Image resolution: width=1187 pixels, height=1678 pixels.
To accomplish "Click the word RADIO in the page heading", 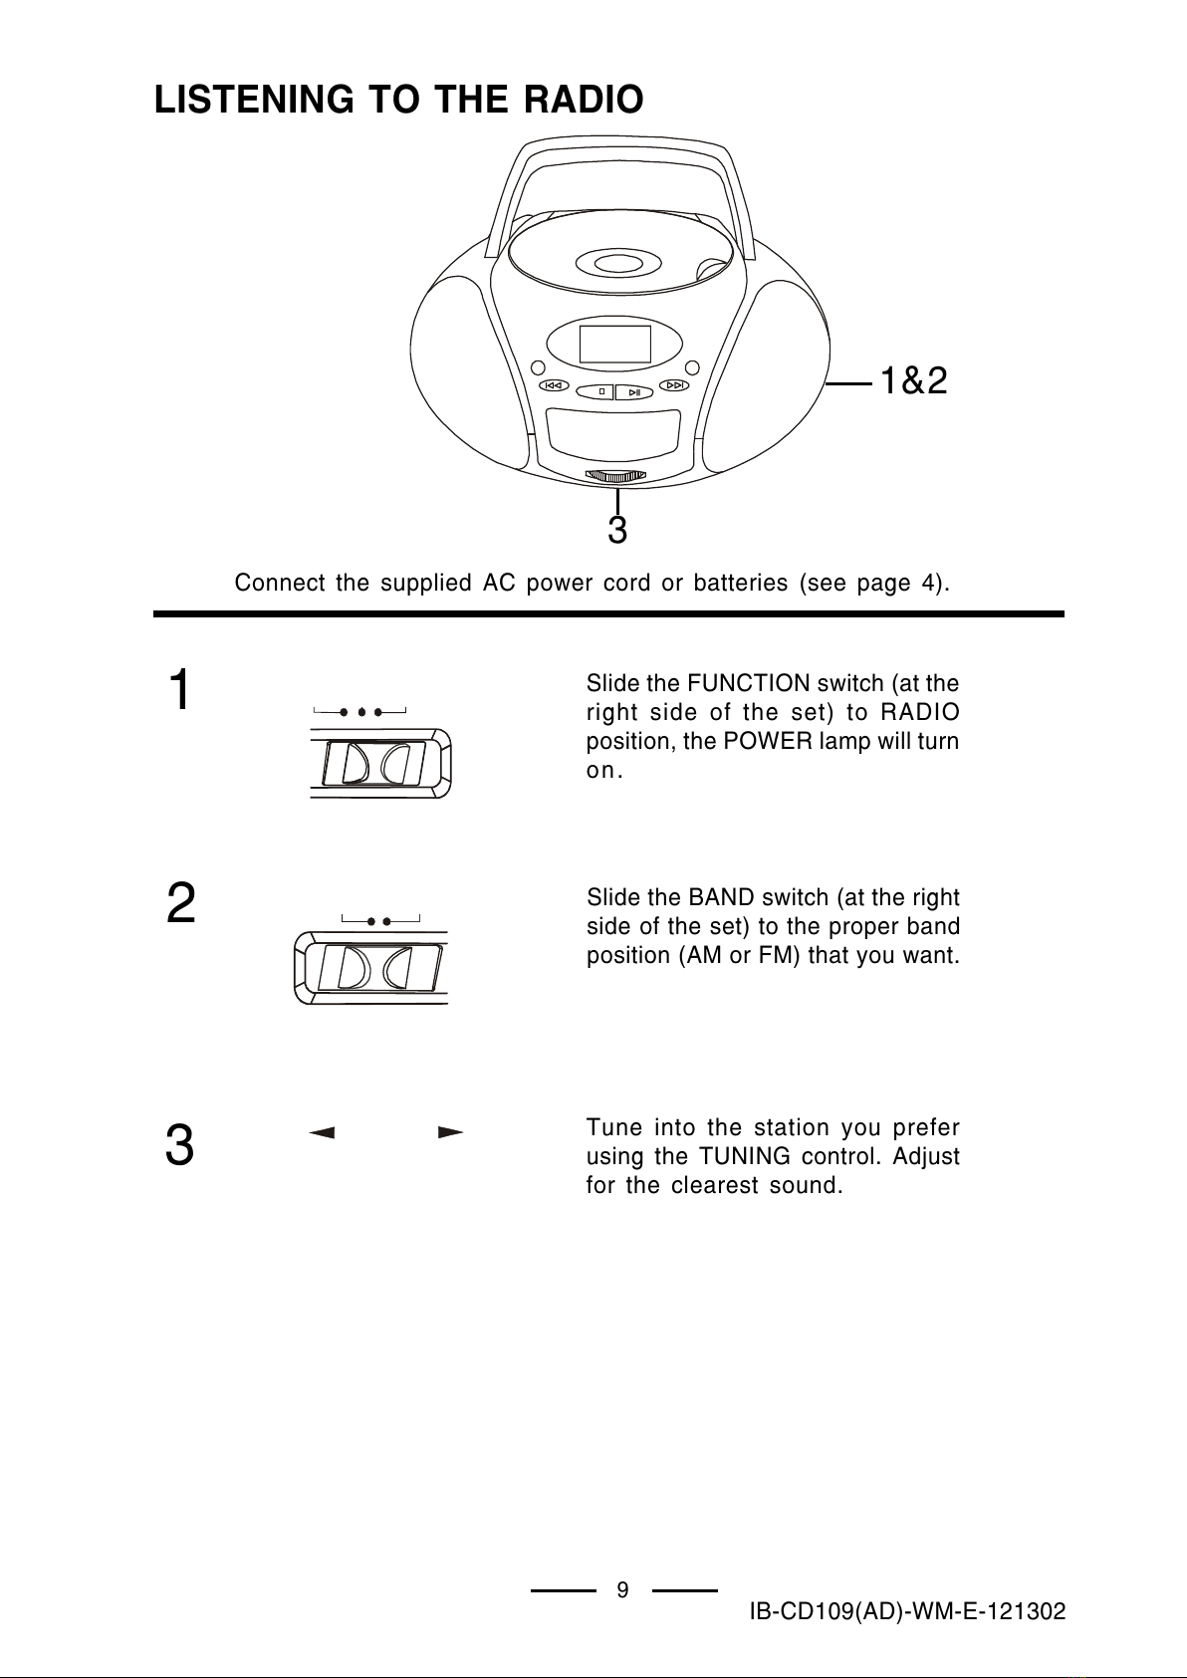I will (583, 100).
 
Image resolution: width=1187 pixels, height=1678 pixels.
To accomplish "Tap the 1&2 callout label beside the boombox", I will (912, 380).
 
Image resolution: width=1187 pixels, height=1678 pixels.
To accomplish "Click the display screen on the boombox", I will (615, 344).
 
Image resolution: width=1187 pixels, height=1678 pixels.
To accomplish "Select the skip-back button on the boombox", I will (554, 385).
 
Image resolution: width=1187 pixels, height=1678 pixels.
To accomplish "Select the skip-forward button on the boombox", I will (675, 384).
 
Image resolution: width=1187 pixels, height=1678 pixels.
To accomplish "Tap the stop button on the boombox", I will (600, 391).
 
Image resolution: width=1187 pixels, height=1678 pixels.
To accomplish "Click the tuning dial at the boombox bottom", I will (616, 475).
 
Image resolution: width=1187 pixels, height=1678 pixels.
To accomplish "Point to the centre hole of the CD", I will (617, 263).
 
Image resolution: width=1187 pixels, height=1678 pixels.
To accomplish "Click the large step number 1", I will (179, 691).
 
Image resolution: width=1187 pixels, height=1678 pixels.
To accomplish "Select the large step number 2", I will (179, 904).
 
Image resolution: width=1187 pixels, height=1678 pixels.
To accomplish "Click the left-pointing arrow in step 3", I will (321, 1132).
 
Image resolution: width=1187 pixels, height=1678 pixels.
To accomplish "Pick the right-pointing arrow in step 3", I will (451, 1132).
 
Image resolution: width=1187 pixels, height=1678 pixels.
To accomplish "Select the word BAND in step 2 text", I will (719, 897).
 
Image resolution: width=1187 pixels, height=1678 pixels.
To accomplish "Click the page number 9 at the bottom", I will (622, 1589).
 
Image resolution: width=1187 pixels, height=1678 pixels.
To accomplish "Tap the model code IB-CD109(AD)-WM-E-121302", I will (908, 1612).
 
